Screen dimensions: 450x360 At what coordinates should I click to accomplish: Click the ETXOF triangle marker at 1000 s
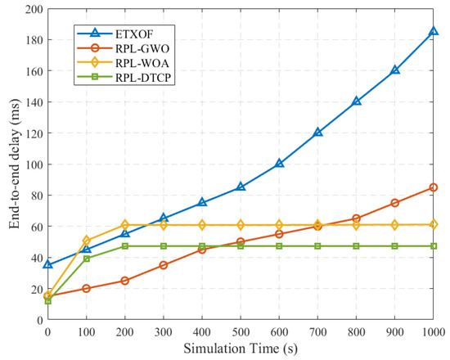(x=434, y=31)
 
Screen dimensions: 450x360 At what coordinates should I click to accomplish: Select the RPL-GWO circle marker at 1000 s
(x=434, y=187)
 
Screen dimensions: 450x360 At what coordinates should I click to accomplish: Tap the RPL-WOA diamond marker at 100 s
(x=87, y=241)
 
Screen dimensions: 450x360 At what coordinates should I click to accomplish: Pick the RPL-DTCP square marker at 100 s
(x=87, y=259)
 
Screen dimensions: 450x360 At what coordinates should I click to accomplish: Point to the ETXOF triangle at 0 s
(x=48, y=264)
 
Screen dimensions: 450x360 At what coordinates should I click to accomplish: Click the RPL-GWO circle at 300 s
(x=164, y=265)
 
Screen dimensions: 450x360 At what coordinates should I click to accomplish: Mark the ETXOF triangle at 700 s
(x=317, y=133)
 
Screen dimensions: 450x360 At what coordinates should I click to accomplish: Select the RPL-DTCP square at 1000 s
(x=434, y=246)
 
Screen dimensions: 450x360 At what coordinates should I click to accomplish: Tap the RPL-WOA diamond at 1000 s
(x=434, y=224)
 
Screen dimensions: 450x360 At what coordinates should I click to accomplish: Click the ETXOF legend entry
(x=115, y=34)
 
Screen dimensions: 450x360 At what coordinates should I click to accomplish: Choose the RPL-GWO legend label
(x=142, y=48)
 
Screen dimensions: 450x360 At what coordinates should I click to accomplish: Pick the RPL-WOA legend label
(x=142, y=63)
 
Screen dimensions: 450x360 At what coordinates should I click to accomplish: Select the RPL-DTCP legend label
(x=143, y=78)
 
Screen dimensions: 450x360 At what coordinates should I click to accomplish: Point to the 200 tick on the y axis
(x=34, y=10)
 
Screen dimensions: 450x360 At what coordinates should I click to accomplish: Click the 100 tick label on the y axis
(x=34, y=164)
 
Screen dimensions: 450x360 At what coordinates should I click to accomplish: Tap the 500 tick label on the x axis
(x=241, y=332)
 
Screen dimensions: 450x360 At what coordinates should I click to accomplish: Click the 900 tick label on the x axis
(x=395, y=332)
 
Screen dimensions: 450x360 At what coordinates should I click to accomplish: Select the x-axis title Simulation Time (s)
(x=241, y=349)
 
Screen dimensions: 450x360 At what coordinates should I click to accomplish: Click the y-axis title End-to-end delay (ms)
(x=15, y=164)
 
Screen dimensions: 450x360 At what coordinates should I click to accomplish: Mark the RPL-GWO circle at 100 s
(x=87, y=289)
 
